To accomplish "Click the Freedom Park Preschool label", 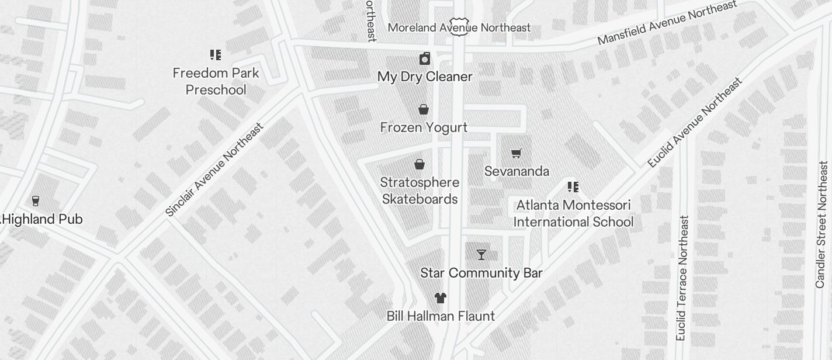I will tap(216, 81).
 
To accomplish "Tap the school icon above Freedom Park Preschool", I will tap(216, 55).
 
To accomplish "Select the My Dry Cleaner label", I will tap(425, 77).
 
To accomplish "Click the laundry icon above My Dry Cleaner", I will tap(425, 58).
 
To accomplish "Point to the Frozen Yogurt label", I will tap(424, 127).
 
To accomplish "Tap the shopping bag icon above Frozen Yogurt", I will tap(424, 109).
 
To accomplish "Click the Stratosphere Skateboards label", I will tap(420, 191).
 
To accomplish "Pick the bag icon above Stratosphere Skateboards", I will tap(420, 164).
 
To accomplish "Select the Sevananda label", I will tap(516, 171).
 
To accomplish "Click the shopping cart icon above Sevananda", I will tap(516, 154).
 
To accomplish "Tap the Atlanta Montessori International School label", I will tap(573, 213).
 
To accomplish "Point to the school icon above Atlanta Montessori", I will tap(573, 187).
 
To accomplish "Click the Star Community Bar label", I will tap(481, 273).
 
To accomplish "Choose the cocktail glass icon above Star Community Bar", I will tap(481, 255).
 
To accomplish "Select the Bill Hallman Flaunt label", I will tap(441, 316).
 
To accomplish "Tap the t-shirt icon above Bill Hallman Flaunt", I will tap(441, 298).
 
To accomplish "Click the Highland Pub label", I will tap(43, 219).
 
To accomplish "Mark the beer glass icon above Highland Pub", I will tap(36, 201).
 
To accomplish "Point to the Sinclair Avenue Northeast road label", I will tap(214, 169).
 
